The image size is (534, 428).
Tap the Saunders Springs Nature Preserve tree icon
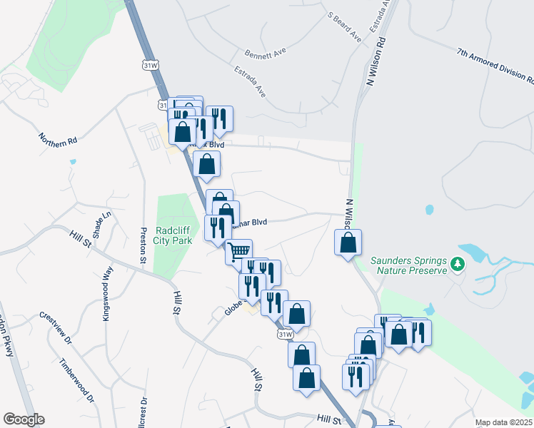(458, 265)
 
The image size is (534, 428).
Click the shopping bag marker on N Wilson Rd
(348, 243)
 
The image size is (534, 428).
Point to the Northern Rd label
(57, 138)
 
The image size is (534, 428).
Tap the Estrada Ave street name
(250, 82)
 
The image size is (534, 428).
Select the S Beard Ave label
(344, 26)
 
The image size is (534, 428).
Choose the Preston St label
(143, 245)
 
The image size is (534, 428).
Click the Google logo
(24, 419)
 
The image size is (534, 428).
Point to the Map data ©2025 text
(503, 422)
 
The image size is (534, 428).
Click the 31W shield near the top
(150, 66)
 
